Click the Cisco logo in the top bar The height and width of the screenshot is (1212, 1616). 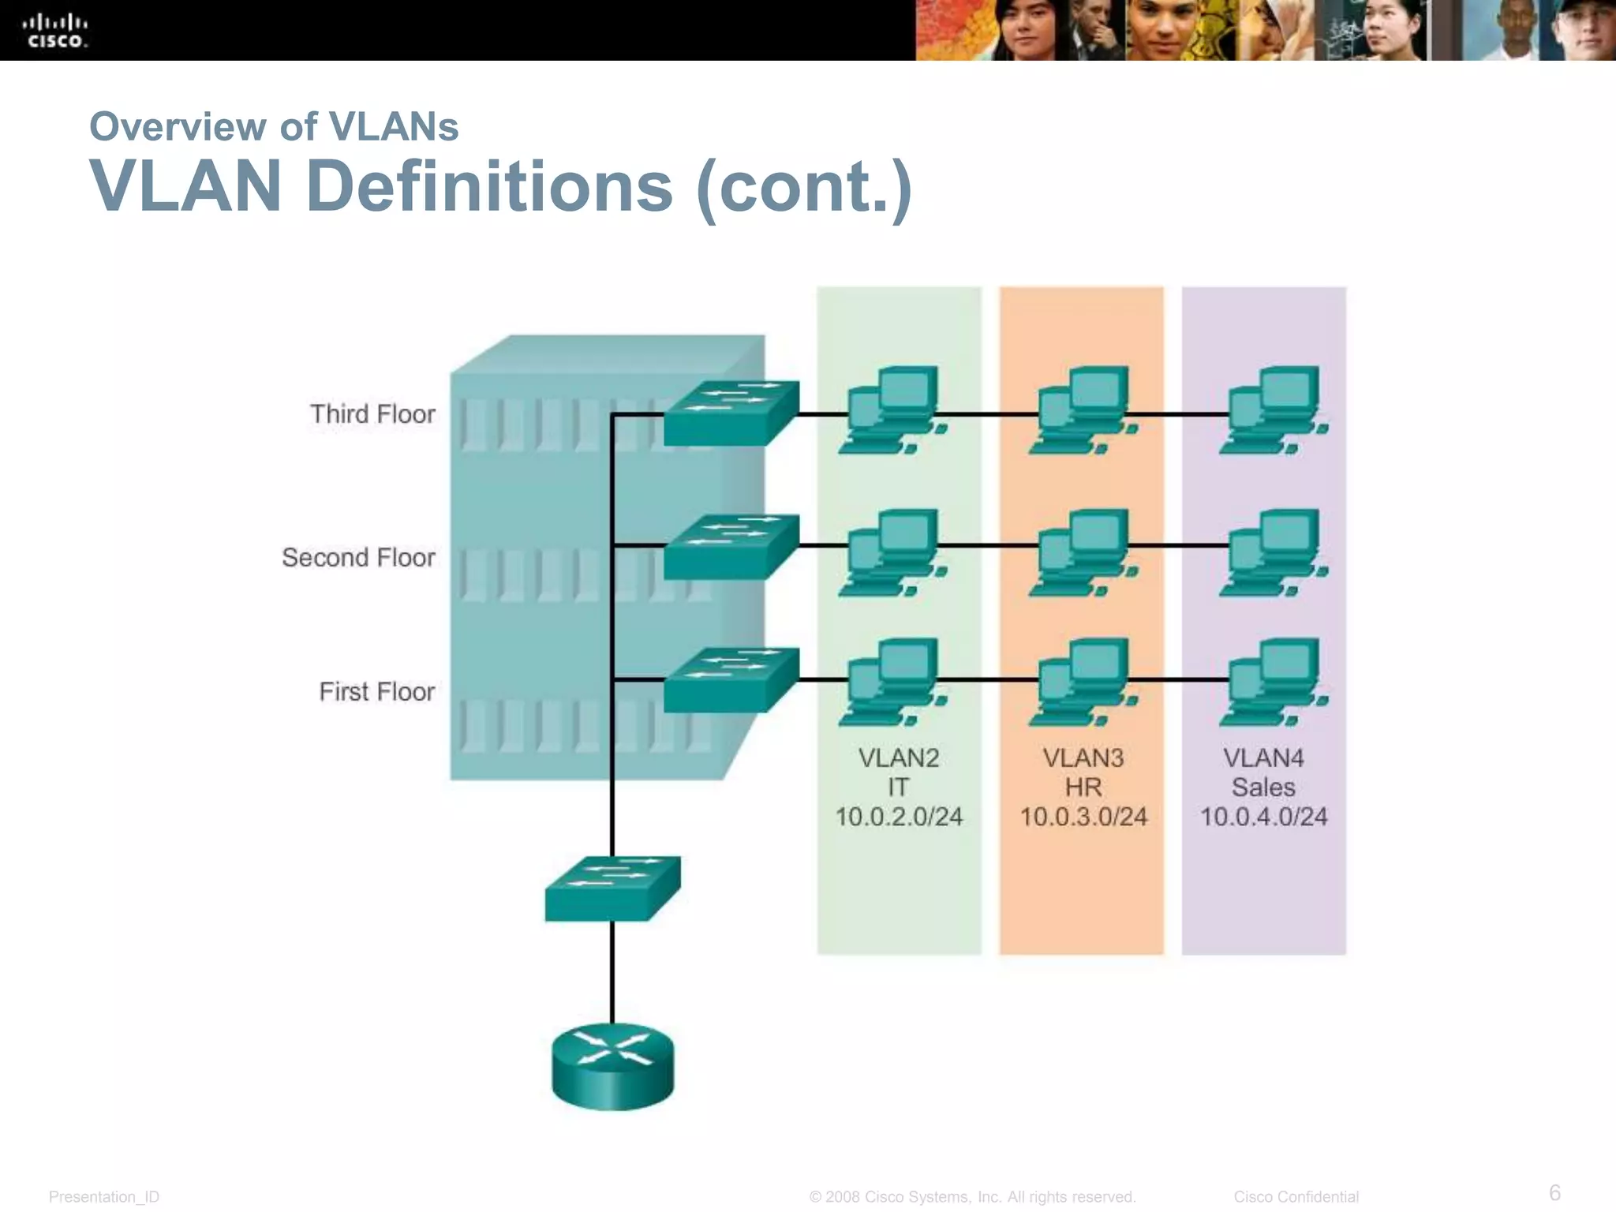click(x=55, y=32)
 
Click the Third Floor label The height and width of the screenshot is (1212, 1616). click(x=372, y=414)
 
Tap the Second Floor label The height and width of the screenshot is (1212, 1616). click(x=358, y=558)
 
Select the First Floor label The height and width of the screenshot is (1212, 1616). click(x=376, y=692)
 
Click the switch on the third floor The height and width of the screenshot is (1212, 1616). click(x=731, y=413)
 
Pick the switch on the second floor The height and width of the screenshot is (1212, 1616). click(x=731, y=548)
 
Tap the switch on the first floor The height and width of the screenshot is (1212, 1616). click(x=731, y=680)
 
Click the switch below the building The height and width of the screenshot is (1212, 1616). click(x=612, y=888)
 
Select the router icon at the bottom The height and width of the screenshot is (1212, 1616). click(x=612, y=1066)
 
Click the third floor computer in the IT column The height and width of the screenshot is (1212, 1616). click(x=894, y=410)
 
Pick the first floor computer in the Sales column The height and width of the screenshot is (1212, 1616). click(x=1274, y=683)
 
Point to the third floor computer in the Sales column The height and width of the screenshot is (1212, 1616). click(x=1274, y=410)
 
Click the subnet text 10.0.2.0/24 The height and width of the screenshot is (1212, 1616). click(x=899, y=817)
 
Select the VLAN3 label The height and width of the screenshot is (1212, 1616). click(x=1083, y=758)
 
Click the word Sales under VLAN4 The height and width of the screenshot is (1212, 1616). click(x=1263, y=787)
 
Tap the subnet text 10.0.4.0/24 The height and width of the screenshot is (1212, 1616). click(x=1263, y=817)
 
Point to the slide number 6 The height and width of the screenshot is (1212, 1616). click(x=1554, y=1191)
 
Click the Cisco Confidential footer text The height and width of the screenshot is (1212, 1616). click(x=1296, y=1197)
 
